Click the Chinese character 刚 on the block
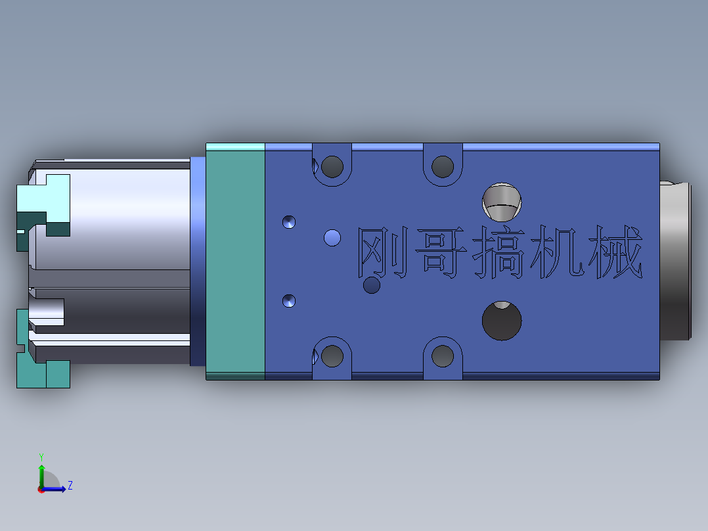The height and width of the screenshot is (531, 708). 380,253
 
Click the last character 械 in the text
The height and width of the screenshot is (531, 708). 616,252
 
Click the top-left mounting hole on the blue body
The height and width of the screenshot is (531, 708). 332,166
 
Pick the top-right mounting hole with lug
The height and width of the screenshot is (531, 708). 443,166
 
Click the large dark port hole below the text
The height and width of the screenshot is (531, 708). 502,321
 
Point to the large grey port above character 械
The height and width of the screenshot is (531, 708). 502,201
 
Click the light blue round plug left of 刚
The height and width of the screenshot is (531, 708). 333,237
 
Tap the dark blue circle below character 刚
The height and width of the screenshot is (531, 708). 372,285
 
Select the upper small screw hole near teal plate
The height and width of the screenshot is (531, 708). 289,222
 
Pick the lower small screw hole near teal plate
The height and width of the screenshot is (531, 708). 289,301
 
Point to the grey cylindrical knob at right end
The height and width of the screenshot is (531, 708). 675,262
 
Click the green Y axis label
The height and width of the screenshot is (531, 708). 41,455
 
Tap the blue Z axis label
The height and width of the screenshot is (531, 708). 70,486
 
